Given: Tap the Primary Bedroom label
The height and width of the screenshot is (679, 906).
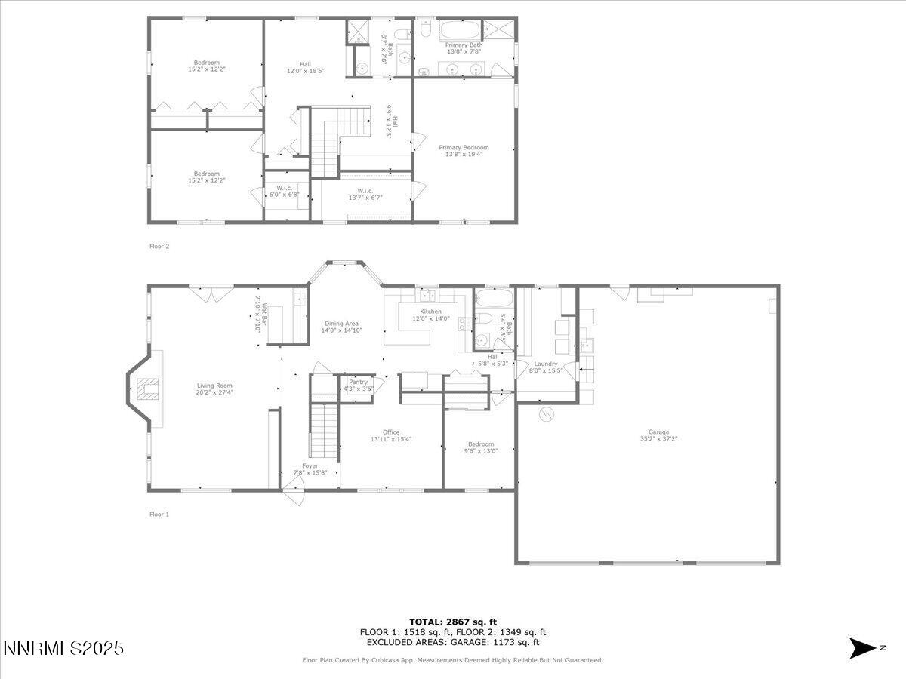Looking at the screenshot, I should (x=464, y=151).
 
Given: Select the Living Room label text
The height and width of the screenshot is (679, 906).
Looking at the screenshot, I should (x=214, y=389).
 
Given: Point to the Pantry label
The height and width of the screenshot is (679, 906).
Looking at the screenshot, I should (x=358, y=386).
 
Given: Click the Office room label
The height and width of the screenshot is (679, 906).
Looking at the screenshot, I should (x=390, y=435).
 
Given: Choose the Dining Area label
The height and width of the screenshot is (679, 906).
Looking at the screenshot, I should (x=341, y=327).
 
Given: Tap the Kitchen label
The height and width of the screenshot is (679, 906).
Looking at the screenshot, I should (x=430, y=315).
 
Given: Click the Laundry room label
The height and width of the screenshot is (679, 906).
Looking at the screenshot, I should (x=545, y=367).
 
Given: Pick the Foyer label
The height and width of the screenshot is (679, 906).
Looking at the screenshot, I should (x=310, y=469).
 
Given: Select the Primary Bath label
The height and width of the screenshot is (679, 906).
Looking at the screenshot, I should (x=464, y=48).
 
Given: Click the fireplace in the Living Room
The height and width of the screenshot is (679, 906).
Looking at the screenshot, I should (x=146, y=389).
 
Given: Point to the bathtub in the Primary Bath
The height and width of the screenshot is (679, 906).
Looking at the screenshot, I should (x=460, y=32).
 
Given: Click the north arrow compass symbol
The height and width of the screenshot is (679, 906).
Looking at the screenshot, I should (x=861, y=647).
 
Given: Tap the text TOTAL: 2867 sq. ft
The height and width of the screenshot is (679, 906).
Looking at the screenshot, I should (x=453, y=622).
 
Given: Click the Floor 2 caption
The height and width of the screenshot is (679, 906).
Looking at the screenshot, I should (x=159, y=246).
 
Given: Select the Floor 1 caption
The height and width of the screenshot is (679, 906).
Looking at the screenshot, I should (x=159, y=515).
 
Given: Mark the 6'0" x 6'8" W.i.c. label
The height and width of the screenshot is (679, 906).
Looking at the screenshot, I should (x=284, y=191).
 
